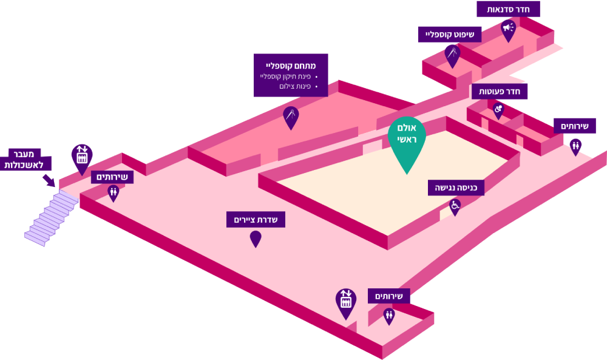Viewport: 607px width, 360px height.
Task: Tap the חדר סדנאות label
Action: [x=508, y=9]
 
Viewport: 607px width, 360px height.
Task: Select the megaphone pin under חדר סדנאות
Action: [x=508, y=29]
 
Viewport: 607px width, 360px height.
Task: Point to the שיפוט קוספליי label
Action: [x=450, y=34]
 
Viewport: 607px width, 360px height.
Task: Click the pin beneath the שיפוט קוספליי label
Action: [x=452, y=55]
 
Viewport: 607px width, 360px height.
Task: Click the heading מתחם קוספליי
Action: [x=291, y=65]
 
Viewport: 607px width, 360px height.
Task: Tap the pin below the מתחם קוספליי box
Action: [x=291, y=116]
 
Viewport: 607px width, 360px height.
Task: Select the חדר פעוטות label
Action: [x=500, y=92]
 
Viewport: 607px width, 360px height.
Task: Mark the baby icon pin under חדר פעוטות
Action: [x=498, y=110]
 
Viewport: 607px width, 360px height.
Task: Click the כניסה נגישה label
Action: [x=456, y=188]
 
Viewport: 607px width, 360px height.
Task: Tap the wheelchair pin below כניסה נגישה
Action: [x=455, y=206]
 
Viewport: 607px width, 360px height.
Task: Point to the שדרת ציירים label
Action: [x=256, y=219]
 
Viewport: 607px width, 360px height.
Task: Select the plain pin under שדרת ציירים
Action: [x=256, y=238]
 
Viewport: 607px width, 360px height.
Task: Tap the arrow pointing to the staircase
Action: [x=48, y=180]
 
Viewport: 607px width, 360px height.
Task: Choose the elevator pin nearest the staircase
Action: [x=82, y=157]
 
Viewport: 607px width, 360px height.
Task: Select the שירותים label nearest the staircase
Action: [x=112, y=177]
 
